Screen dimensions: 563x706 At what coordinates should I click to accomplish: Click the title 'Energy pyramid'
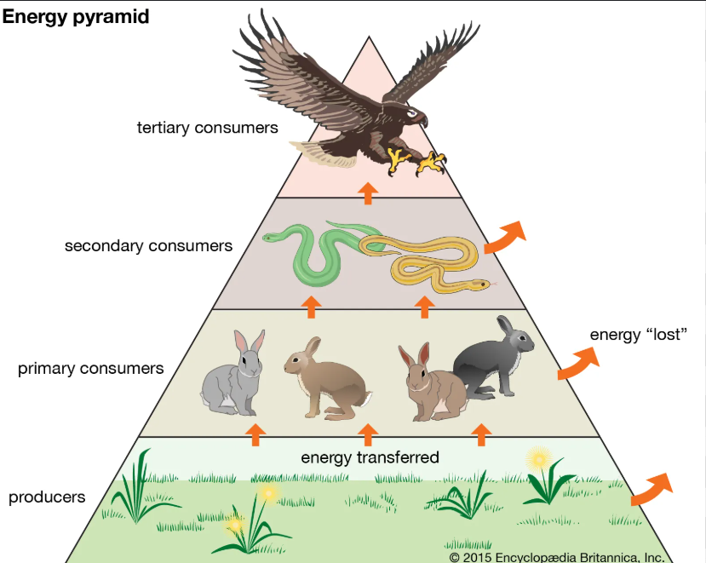77,17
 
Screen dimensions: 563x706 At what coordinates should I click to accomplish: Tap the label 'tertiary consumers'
208,128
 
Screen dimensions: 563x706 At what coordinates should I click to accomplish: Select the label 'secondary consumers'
148,246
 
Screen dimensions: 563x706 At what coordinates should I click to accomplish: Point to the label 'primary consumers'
90,369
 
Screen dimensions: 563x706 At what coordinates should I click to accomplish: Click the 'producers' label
47,497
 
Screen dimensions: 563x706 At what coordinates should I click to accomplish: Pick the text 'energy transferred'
370,457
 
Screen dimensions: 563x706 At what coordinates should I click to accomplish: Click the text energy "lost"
638,334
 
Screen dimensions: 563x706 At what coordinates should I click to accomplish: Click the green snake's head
271,237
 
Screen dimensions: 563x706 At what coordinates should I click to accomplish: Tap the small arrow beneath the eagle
368,192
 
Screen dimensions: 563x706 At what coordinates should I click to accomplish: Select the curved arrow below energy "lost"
577,365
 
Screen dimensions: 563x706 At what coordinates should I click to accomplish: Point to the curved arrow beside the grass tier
651,487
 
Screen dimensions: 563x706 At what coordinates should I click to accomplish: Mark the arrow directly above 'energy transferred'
368,434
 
